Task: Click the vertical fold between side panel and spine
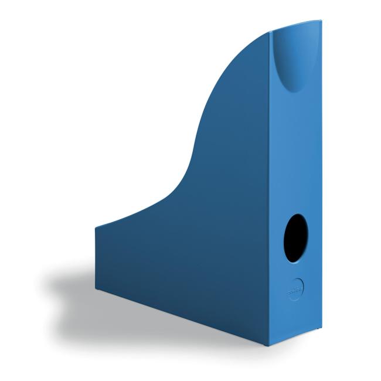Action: pos(271,193)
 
